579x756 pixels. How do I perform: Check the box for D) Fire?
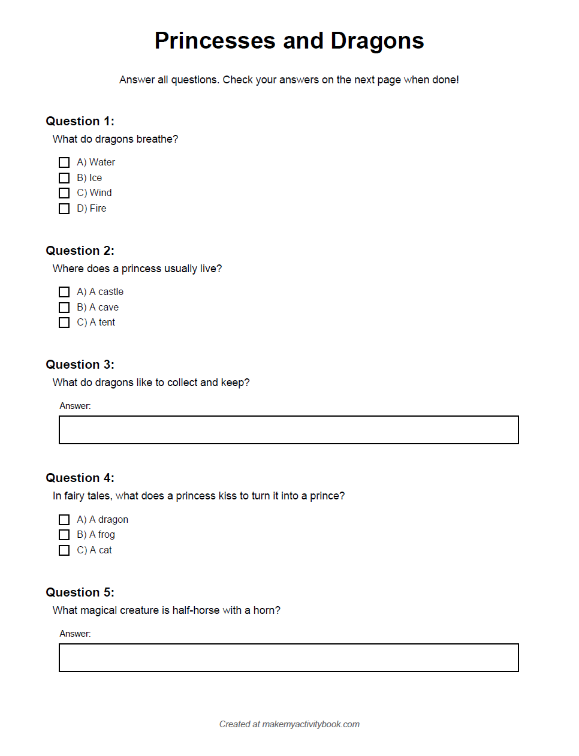point(64,209)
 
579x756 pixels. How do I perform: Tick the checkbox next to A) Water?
point(64,162)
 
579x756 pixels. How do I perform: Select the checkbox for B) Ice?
point(64,178)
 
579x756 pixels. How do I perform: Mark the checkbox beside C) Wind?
point(64,193)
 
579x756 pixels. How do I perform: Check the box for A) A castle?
point(64,292)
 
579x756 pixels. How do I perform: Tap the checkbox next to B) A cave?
point(64,308)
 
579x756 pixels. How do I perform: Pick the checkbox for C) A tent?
point(64,323)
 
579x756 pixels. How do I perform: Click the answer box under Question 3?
point(288,430)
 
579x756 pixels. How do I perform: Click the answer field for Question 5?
point(288,658)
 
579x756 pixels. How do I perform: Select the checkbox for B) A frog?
point(64,535)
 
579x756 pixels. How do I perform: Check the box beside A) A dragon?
point(64,520)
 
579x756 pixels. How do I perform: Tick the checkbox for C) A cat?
point(64,550)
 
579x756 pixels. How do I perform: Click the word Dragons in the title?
point(377,41)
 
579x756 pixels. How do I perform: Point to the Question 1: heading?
point(80,121)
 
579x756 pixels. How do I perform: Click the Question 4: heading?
point(80,478)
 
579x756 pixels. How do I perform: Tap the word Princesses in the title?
point(215,41)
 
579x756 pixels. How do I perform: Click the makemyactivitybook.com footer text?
point(310,724)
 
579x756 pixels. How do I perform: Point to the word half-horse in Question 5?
point(196,610)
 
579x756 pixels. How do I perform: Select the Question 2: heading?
point(80,251)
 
